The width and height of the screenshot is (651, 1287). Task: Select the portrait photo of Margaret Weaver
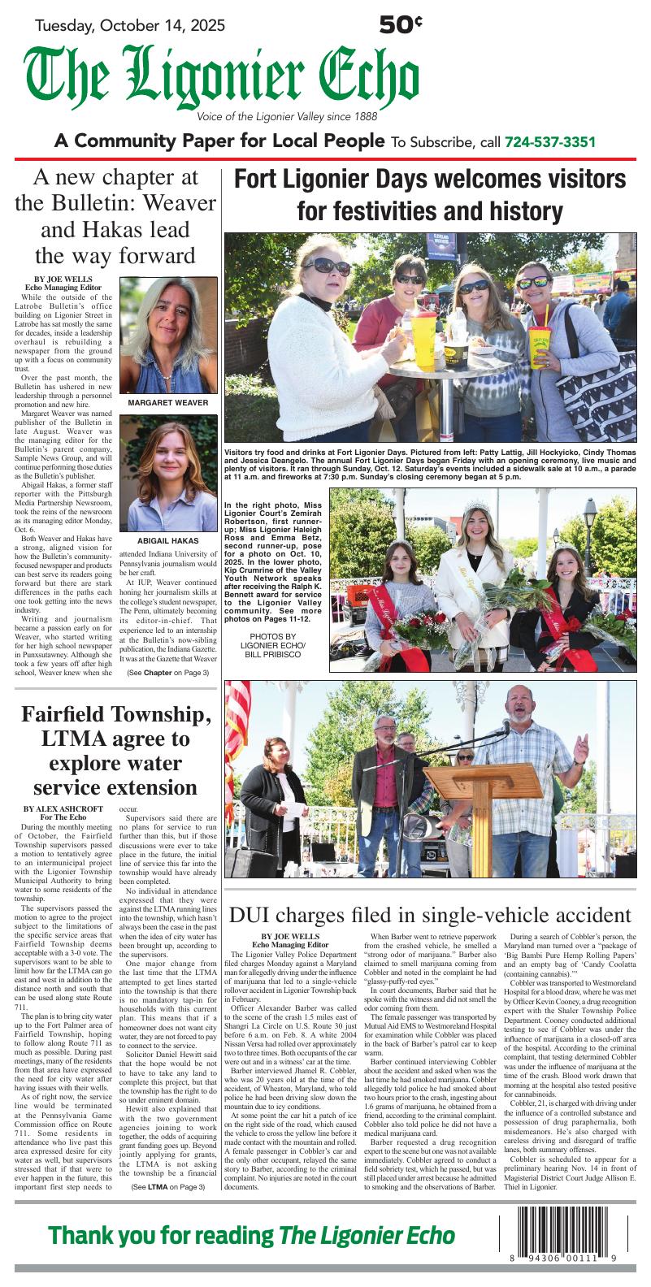[168, 334]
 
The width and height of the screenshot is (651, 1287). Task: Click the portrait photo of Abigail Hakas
[168, 471]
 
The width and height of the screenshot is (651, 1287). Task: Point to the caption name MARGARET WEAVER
[168, 403]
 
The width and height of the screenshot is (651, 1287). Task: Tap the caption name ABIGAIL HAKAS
[168, 540]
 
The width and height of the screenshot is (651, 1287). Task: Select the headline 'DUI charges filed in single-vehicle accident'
[430, 915]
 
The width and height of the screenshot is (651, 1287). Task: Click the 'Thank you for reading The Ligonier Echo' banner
[252, 1236]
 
